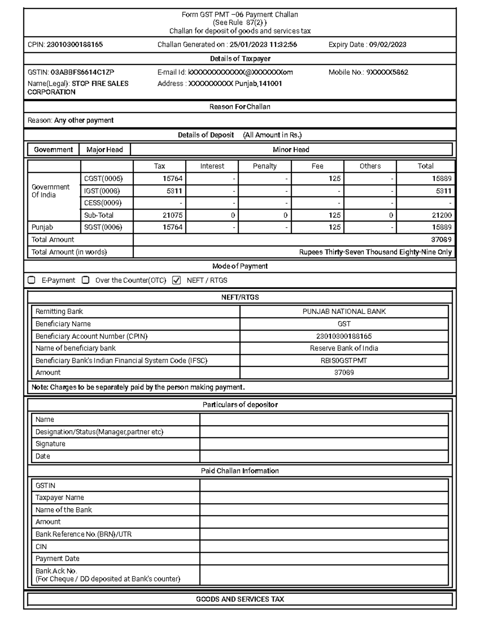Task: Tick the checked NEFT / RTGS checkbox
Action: point(176,280)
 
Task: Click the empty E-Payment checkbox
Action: point(32,280)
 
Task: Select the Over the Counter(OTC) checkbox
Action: point(85,280)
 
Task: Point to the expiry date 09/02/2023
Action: point(387,45)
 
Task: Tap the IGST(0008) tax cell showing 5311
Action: point(174,191)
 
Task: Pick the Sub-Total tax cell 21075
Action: point(172,215)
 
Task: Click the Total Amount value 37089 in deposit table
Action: point(441,240)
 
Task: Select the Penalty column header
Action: point(264,166)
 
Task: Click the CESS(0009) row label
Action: point(103,203)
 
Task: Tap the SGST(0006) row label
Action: point(103,227)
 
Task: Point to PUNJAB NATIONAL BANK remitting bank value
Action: point(344,312)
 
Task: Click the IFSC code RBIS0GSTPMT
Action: point(344,360)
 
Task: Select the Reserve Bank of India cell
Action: point(344,348)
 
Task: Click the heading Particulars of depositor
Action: point(240,405)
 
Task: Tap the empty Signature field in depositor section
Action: point(324,444)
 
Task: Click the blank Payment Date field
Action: point(324,558)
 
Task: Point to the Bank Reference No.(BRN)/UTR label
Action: point(84,534)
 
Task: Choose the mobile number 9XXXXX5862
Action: point(387,72)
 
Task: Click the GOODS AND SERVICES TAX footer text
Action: point(240,599)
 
